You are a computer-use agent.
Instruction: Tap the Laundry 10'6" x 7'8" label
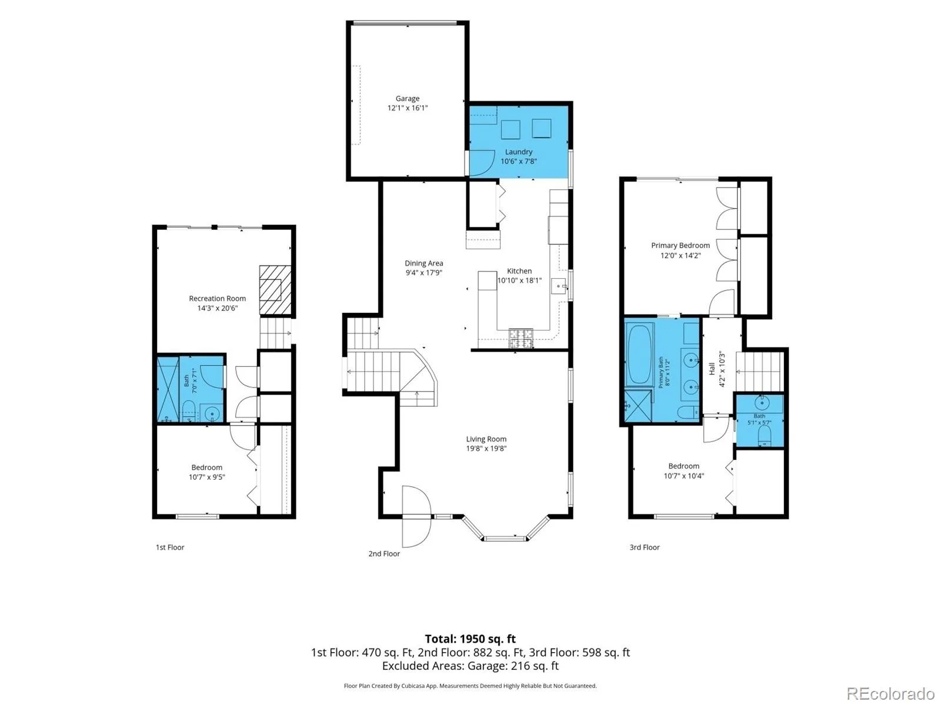(518, 156)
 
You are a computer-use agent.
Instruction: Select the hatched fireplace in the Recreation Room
(275, 290)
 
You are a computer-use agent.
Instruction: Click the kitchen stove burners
(521, 338)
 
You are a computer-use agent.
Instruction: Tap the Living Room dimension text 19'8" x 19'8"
(486, 448)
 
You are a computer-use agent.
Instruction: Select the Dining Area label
(423, 263)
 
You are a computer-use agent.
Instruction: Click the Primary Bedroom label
(680, 246)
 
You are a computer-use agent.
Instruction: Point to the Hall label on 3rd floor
(712, 369)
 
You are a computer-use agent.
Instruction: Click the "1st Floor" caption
(170, 547)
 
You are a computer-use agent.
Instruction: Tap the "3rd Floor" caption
(645, 547)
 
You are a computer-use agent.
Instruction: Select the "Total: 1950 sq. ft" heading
(470, 639)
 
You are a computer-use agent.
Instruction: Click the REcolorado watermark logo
(890, 693)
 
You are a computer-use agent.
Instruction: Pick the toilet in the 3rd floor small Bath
(765, 436)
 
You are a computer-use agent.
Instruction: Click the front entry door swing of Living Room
(416, 516)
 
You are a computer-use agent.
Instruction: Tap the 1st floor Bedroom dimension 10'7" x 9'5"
(206, 477)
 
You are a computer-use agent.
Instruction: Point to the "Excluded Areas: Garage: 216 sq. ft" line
(470, 666)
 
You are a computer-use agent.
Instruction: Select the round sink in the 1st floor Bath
(212, 414)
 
